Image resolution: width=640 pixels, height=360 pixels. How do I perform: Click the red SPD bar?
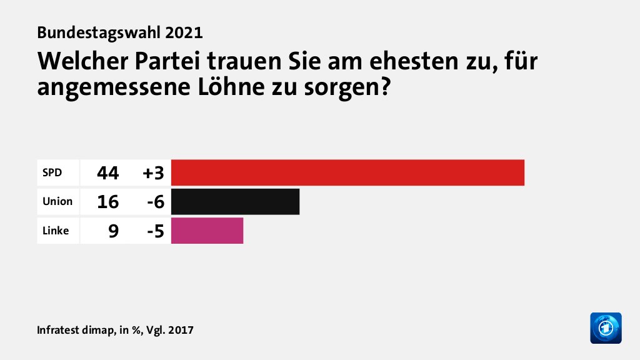pos(347,172)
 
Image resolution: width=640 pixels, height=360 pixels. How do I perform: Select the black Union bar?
pos(235,201)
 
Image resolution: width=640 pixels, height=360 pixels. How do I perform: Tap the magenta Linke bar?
pos(207,231)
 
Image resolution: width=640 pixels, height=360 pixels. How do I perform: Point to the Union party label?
pos(57,202)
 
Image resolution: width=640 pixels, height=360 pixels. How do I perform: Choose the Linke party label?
pos(56,231)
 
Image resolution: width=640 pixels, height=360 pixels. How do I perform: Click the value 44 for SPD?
pos(107,173)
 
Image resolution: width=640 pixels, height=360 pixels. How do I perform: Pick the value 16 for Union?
pos(107,202)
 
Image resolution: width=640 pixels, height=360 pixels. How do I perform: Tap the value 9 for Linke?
pos(113,231)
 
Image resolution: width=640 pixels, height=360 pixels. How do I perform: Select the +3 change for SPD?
pos(153,173)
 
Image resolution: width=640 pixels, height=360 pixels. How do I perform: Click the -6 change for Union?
pos(154,202)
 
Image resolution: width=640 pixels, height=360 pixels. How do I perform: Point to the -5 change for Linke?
pos(154,231)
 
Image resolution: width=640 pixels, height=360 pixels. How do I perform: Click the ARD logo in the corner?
pos(606,327)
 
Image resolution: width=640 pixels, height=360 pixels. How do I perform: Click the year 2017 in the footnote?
pos(181,329)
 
